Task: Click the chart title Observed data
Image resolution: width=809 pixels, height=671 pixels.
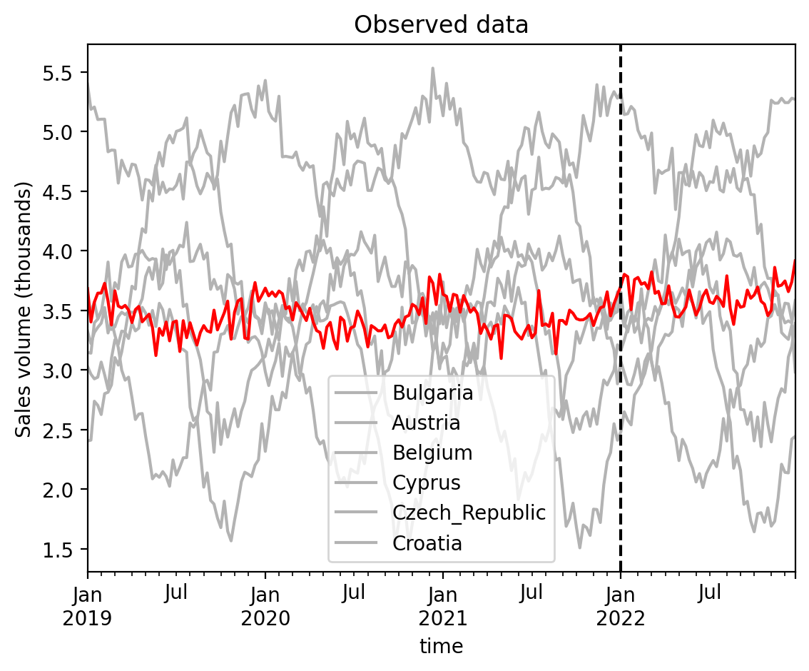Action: (x=441, y=25)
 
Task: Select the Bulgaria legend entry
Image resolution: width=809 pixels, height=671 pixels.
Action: (x=432, y=393)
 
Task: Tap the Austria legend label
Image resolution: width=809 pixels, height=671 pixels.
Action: (x=426, y=423)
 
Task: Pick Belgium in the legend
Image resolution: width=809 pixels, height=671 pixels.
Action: (x=432, y=453)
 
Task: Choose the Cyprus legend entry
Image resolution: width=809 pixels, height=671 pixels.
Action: (x=426, y=483)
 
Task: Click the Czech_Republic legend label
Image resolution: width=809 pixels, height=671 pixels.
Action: (x=469, y=513)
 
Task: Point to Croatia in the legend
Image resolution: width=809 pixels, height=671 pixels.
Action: (x=427, y=543)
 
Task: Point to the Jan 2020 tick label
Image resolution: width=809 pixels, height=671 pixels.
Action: (x=265, y=606)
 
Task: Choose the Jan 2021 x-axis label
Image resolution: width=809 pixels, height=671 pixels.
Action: (x=443, y=606)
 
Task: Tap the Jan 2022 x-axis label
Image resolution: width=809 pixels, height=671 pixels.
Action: (x=621, y=606)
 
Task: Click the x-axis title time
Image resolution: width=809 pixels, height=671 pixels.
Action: (x=441, y=647)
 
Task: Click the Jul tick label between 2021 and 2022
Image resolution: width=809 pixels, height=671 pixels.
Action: (x=531, y=593)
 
